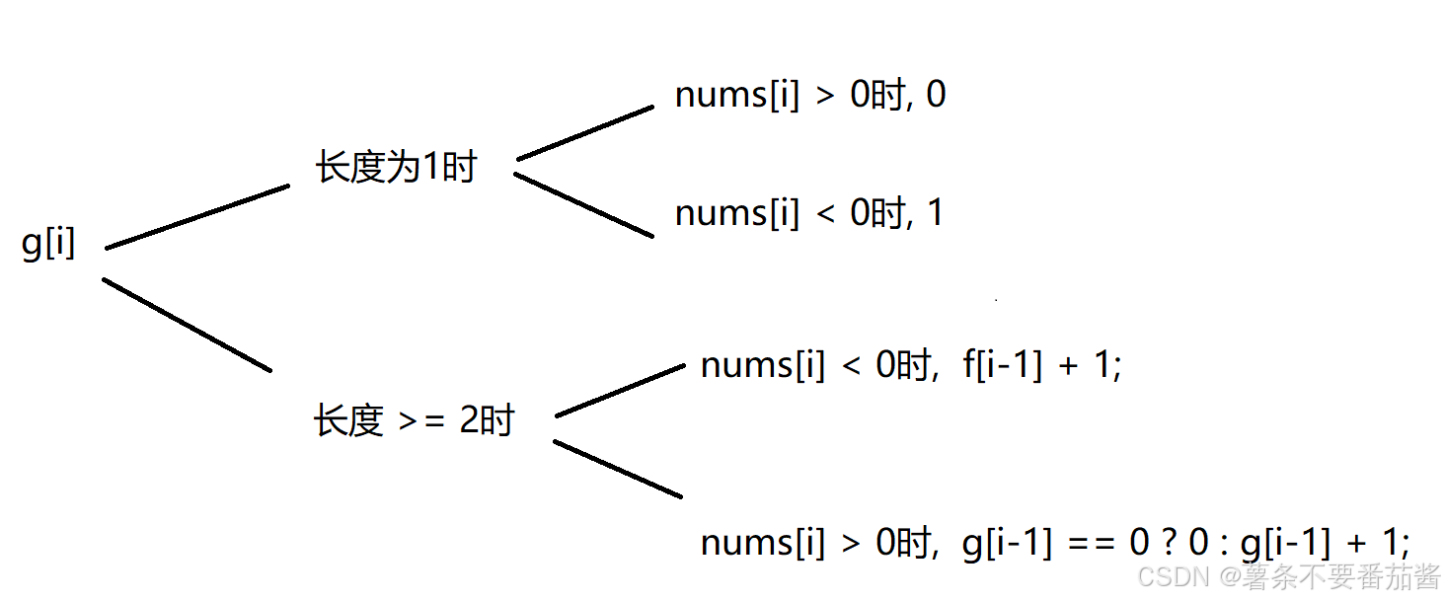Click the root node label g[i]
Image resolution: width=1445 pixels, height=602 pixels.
click(48, 243)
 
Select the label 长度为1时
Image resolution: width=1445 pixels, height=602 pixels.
click(396, 167)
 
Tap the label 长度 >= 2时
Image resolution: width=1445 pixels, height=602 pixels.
click(414, 421)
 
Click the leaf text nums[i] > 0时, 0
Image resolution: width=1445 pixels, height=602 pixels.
click(809, 95)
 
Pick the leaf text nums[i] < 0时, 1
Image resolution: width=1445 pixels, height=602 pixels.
click(808, 213)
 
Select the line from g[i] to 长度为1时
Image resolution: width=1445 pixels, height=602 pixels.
click(196, 216)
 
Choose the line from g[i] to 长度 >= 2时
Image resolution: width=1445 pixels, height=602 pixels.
click(187, 325)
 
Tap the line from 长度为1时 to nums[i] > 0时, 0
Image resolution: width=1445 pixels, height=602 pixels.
click(585, 132)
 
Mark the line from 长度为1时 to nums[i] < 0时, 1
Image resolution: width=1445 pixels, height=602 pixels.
click(583, 205)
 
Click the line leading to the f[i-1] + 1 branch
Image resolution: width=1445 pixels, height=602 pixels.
click(620, 390)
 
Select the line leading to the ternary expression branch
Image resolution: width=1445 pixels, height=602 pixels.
click(618, 469)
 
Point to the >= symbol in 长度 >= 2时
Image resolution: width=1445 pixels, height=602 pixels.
click(421, 422)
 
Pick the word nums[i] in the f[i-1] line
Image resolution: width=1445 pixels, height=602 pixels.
click(762, 366)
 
